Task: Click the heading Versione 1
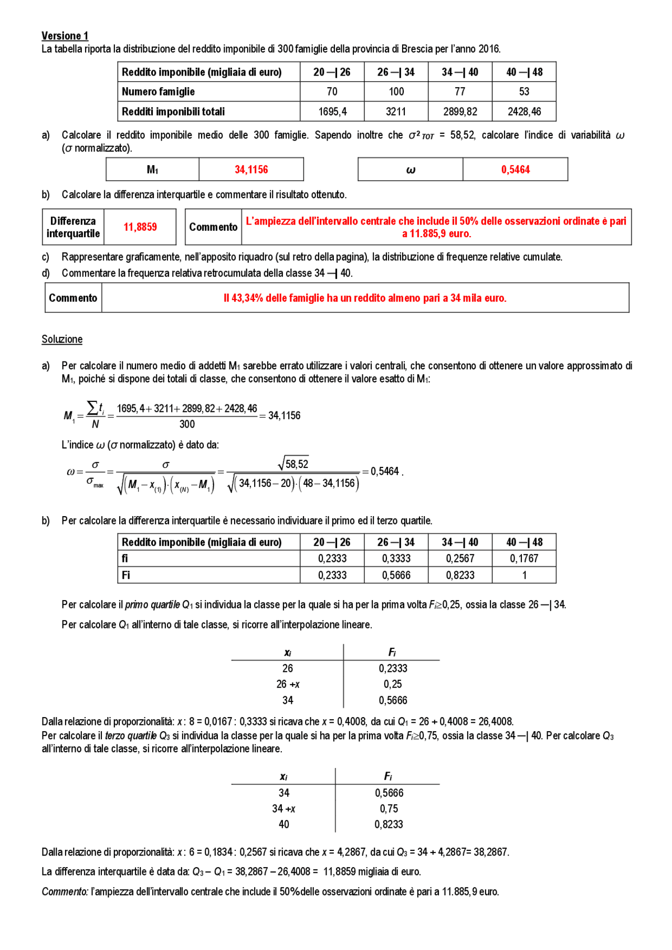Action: click(x=65, y=36)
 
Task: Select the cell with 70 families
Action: click(x=332, y=92)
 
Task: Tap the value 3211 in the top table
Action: click(x=396, y=112)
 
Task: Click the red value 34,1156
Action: click(x=251, y=169)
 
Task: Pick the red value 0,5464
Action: click(x=515, y=169)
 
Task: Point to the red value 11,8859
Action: click(x=140, y=227)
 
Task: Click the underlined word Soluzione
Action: click(x=62, y=339)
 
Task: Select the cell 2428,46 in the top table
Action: click(x=523, y=112)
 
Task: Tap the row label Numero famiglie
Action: click(x=158, y=92)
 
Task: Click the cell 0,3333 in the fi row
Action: click(x=396, y=559)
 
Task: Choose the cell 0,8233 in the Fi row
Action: click(x=460, y=575)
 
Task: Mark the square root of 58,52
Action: click(x=293, y=464)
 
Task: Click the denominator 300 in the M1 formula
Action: click(x=187, y=424)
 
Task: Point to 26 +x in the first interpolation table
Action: click(x=288, y=685)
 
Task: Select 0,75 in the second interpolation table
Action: click(x=389, y=809)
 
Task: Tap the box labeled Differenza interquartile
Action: click(x=73, y=227)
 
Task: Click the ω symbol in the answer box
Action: click(x=411, y=170)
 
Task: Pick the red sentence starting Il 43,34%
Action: click(x=365, y=298)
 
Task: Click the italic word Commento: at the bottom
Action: click(x=65, y=892)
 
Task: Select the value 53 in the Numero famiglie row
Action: click(x=523, y=92)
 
